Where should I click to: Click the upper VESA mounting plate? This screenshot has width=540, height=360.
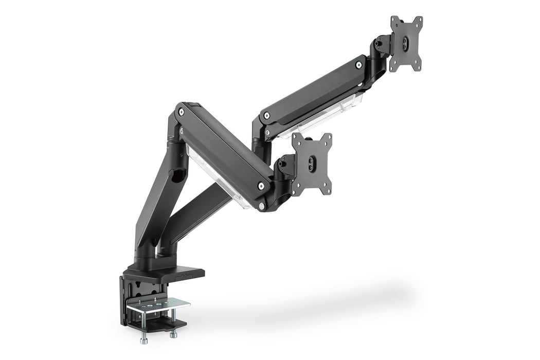pos(406,43)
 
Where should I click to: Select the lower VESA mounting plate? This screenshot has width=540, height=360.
pos(312,164)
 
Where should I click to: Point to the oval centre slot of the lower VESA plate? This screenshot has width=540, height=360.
pos(312,164)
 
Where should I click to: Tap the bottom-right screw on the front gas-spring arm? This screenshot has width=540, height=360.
pos(261,186)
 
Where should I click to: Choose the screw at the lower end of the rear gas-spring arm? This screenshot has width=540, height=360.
pos(266,116)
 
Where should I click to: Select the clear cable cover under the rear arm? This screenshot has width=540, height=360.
pos(324,116)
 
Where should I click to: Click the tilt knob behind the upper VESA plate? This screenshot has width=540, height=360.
pos(380,44)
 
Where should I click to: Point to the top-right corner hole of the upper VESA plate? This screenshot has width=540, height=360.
pos(420,20)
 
